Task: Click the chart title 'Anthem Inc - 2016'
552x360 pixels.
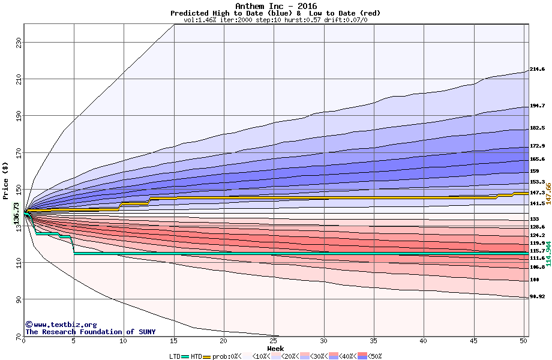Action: click(275, 6)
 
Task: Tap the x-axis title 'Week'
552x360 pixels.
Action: click(275, 349)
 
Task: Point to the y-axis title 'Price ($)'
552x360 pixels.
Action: click(5, 180)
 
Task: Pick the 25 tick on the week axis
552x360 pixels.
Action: click(274, 341)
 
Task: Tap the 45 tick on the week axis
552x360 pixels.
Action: click(473, 341)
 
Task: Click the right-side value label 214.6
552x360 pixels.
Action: click(537, 70)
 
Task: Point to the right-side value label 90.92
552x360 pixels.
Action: click(537, 297)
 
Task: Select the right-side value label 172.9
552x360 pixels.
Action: click(537, 146)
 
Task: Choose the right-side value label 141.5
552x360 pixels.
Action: click(537, 204)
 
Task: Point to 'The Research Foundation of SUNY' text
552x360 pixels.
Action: click(90, 332)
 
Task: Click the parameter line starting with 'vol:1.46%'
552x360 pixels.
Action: click(275, 20)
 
